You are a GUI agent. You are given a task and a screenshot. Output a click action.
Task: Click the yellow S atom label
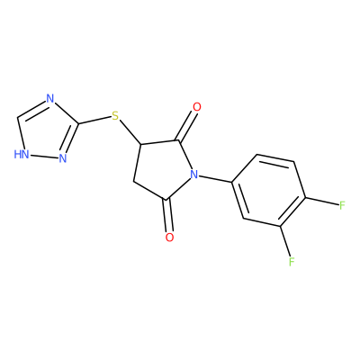tap(115, 116)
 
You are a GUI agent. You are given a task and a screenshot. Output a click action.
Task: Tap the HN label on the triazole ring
tap(22, 155)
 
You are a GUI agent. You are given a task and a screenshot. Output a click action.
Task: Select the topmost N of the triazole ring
tap(50, 98)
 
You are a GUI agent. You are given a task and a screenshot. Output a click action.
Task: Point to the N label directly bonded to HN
tap(63, 158)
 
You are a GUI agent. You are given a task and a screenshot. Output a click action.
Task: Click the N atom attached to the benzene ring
tap(194, 174)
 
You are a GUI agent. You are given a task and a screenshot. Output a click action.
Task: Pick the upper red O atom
tap(197, 107)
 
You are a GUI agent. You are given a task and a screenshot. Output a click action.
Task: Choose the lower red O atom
tap(169, 238)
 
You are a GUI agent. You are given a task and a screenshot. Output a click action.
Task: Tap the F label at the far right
tap(342, 206)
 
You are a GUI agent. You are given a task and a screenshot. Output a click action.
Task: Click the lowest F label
tap(292, 262)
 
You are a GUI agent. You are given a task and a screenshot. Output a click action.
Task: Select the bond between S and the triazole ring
tap(94, 121)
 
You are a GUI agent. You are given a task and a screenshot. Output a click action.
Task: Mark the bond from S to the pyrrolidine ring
tap(130, 132)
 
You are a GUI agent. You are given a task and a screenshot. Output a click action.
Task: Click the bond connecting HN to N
tap(44, 156)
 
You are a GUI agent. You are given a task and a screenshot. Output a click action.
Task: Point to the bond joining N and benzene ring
tap(215, 178)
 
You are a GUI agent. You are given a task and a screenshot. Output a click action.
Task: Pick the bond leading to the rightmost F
tap(321, 202)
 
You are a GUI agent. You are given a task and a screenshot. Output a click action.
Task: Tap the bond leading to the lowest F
tap(285, 241)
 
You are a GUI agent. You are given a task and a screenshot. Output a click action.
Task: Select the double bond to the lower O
tap(168, 215)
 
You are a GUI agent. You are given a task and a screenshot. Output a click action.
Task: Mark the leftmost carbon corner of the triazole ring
tap(18, 118)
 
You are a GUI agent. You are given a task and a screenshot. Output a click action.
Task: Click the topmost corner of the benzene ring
tap(257, 155)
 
